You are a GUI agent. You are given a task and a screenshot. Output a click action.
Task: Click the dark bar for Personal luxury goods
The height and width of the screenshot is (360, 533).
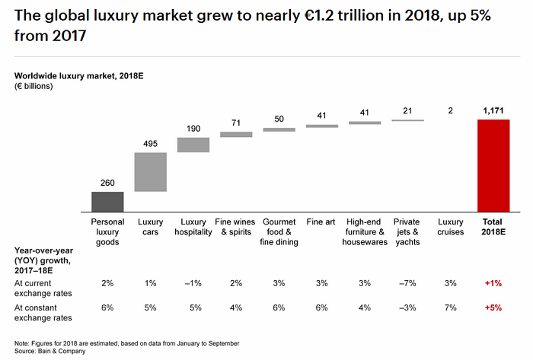tap(107, 202)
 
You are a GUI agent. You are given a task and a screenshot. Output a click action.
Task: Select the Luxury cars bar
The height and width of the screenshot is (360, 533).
tap(150, 172)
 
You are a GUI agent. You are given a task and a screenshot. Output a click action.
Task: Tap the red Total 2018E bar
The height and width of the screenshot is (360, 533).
tap(493, 166)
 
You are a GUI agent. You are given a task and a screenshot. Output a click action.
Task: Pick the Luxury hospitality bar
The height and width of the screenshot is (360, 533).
tap(193, 145)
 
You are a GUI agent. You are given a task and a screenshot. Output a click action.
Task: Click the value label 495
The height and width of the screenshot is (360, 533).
tap(150, 143)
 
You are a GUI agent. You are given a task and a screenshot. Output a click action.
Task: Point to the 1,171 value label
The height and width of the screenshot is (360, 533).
tap(493, 111)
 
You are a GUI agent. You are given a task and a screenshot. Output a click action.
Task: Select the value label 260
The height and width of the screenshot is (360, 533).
tap(107, 183)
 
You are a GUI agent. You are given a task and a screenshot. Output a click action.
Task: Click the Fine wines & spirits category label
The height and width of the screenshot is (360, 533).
tap(236, 226)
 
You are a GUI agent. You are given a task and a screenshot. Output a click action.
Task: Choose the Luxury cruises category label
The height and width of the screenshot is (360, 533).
tap(450, 226)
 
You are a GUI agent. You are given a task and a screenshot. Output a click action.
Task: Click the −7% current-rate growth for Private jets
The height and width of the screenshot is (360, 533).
tap(407, 283)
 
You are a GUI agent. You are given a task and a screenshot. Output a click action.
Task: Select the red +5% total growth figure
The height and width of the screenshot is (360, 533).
tap(493, 308)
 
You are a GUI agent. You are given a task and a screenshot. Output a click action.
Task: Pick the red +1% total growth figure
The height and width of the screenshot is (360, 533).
tap(493, 283)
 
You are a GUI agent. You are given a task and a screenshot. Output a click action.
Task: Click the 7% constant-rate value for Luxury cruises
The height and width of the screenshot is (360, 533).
tap(450, 308)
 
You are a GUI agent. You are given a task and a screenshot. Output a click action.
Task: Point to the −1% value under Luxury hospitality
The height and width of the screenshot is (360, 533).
tap(193, 283)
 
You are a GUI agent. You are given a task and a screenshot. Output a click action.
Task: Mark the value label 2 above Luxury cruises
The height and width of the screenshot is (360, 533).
tap(450, 111)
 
